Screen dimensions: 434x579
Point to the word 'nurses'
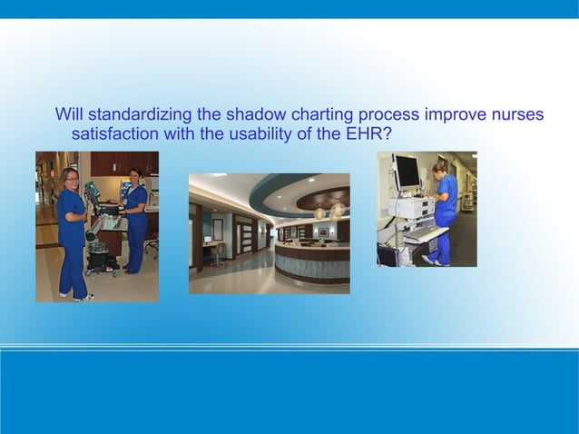coord(517,115)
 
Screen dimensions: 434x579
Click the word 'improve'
coord(456,115)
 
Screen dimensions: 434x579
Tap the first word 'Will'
coord(69,115)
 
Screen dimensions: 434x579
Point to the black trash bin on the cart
coord(98,257)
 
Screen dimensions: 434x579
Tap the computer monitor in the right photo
coord(405,172)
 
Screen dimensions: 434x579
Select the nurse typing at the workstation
coord(445,209)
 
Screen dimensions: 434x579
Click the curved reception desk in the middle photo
coord(309,263)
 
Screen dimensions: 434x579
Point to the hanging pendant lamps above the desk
coord(327,212)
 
